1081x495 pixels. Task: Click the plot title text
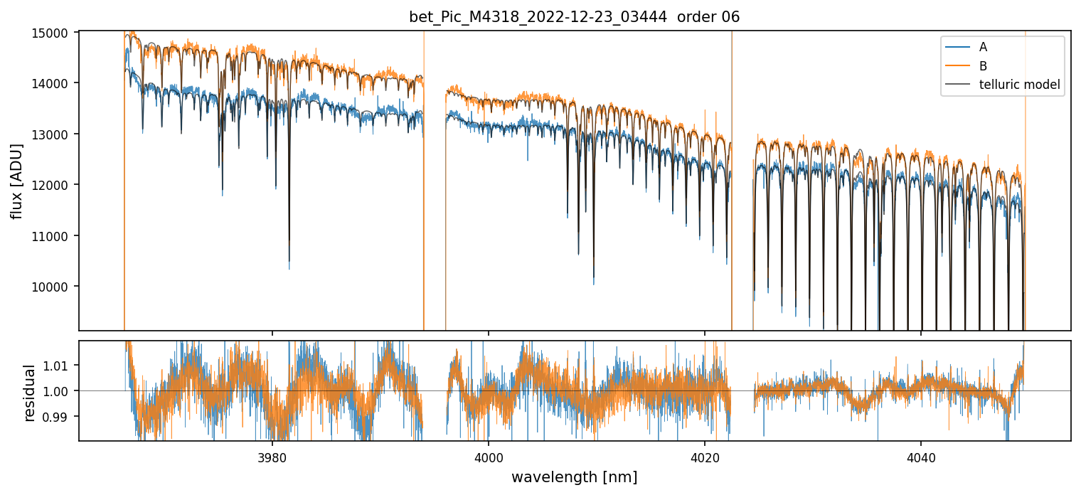coord(574,17)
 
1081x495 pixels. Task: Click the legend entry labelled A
coord(983,47)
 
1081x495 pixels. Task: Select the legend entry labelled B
coord(983,66)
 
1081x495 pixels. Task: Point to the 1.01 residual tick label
coord(59,366)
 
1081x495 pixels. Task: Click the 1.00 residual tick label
coord(59,391)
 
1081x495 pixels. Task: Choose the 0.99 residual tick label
coord(59,416)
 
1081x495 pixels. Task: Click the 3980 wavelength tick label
coord(272,456)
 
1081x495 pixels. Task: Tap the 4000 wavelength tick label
coord(489,456)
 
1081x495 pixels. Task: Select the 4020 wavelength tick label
coord(705,456)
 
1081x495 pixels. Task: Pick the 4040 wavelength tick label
coord(921,456)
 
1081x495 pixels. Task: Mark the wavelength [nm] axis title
coord(574,477)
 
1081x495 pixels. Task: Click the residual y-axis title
coord(30,392)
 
